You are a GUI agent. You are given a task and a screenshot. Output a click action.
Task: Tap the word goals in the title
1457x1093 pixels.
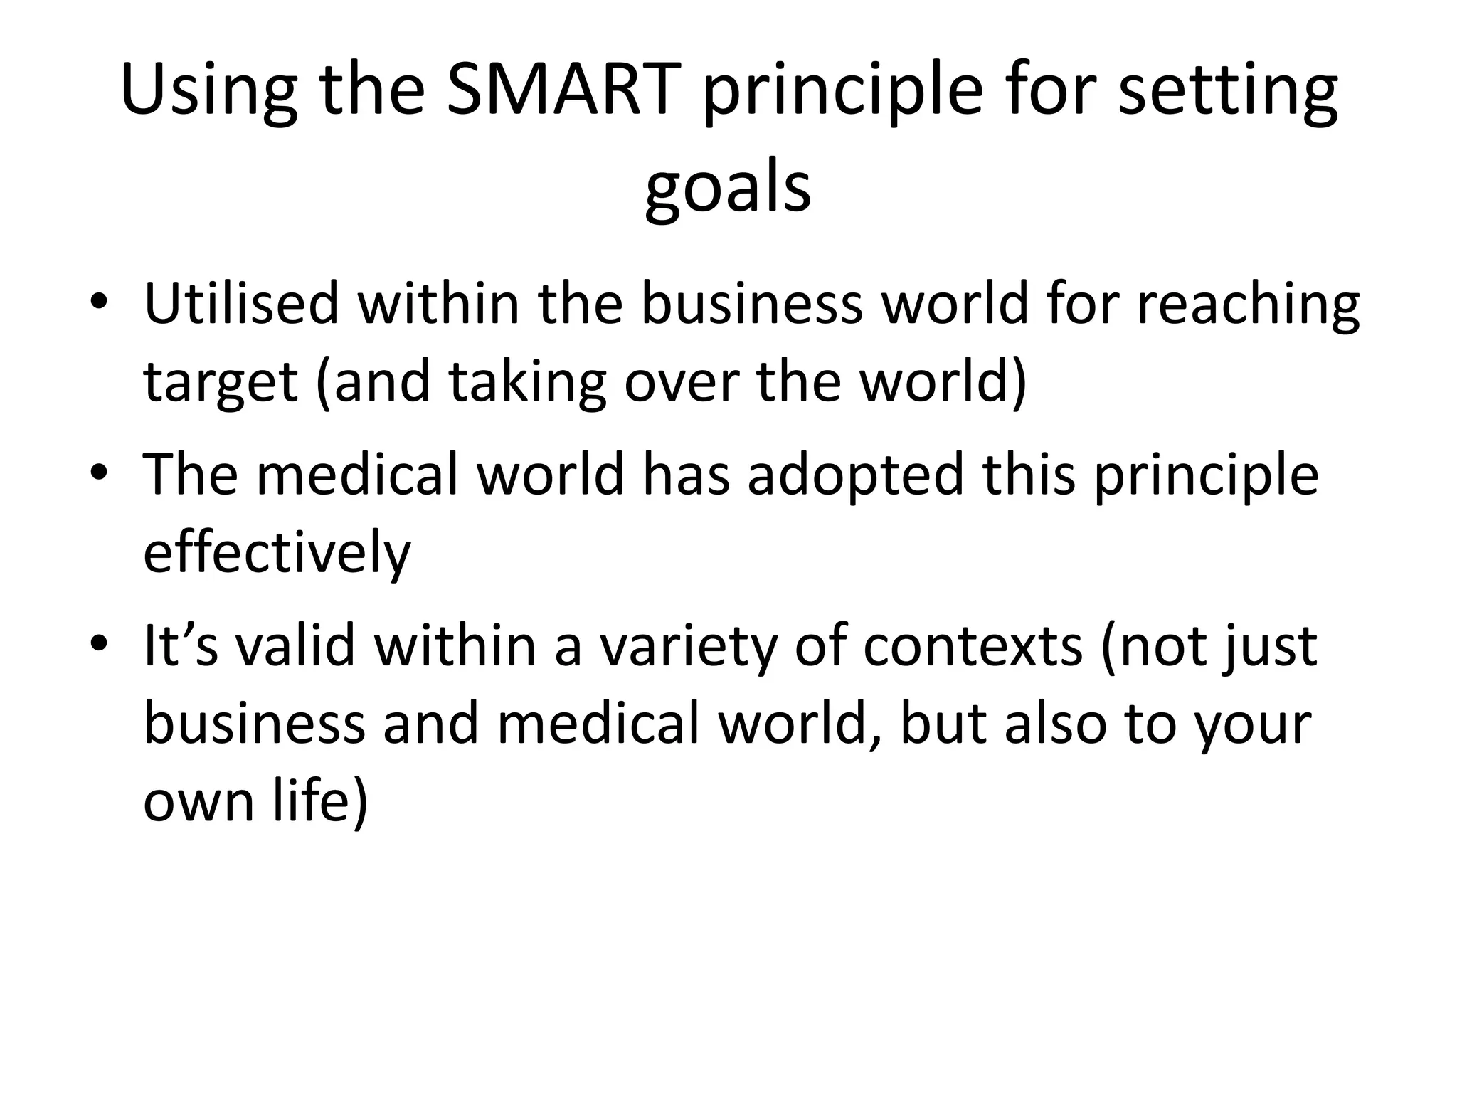click(x=728, y=188)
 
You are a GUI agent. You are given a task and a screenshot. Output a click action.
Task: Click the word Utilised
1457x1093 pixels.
click(x=241, y=303)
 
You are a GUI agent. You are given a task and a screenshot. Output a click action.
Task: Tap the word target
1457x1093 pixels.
click(x=221, y=383)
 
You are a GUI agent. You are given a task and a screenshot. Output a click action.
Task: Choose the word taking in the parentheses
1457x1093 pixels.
click(x=527, y=383)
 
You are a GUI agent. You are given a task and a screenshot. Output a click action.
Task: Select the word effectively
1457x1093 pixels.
click(x=277, y=553)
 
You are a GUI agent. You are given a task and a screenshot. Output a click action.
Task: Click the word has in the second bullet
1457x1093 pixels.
click(x=686, y=475)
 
